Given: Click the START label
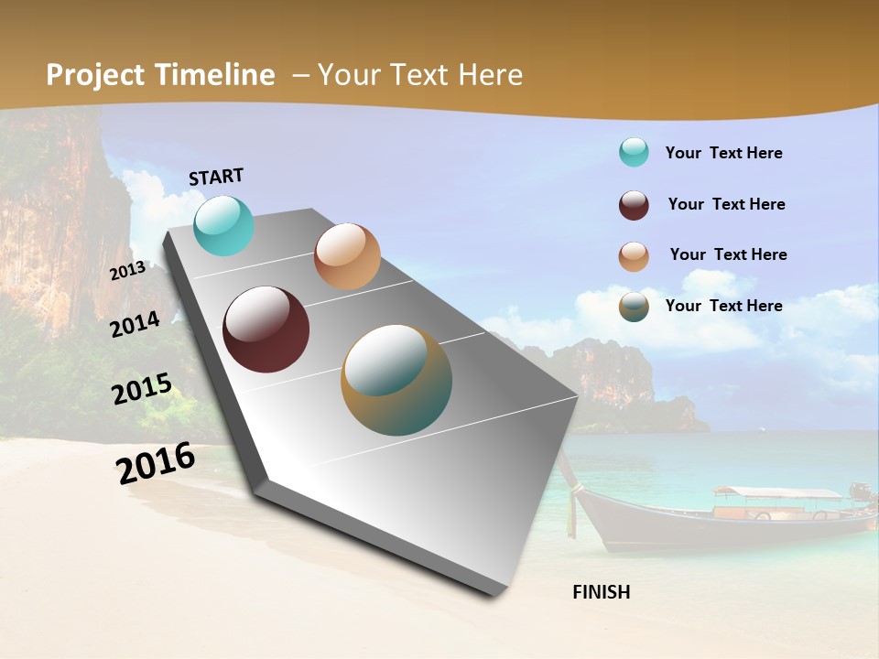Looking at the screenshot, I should click(x=216, y=177).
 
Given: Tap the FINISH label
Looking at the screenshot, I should click(x=602, y=592).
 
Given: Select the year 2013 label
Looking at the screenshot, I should click(x=127, y=270).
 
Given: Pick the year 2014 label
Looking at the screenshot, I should click(x=136, y=324).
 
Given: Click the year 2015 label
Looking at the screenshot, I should click(x=142, y=390).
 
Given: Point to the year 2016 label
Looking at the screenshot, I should click(x=156, y=463).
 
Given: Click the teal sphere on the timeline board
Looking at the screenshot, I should click(x=223, y=225).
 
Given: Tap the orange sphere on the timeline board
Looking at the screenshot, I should click(x=347, y=256).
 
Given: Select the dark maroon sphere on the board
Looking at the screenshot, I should click(x=266, y=329).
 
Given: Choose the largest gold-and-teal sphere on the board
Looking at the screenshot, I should click(x=396, y=380).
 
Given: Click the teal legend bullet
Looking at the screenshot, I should click(x=634, y=153).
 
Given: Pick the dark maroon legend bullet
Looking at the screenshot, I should click(x=634, y=205).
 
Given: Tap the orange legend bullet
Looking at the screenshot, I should click(x=634, y=256).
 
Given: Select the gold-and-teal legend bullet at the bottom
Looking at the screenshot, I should click(x=634, y=307).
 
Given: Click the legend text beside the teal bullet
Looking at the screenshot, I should click(x=723, y=153).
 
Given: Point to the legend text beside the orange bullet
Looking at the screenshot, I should click(x=728, y=254).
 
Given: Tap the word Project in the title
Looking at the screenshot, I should click(x=95, y=75).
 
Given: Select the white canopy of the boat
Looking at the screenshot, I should click(x=778, y=494).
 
